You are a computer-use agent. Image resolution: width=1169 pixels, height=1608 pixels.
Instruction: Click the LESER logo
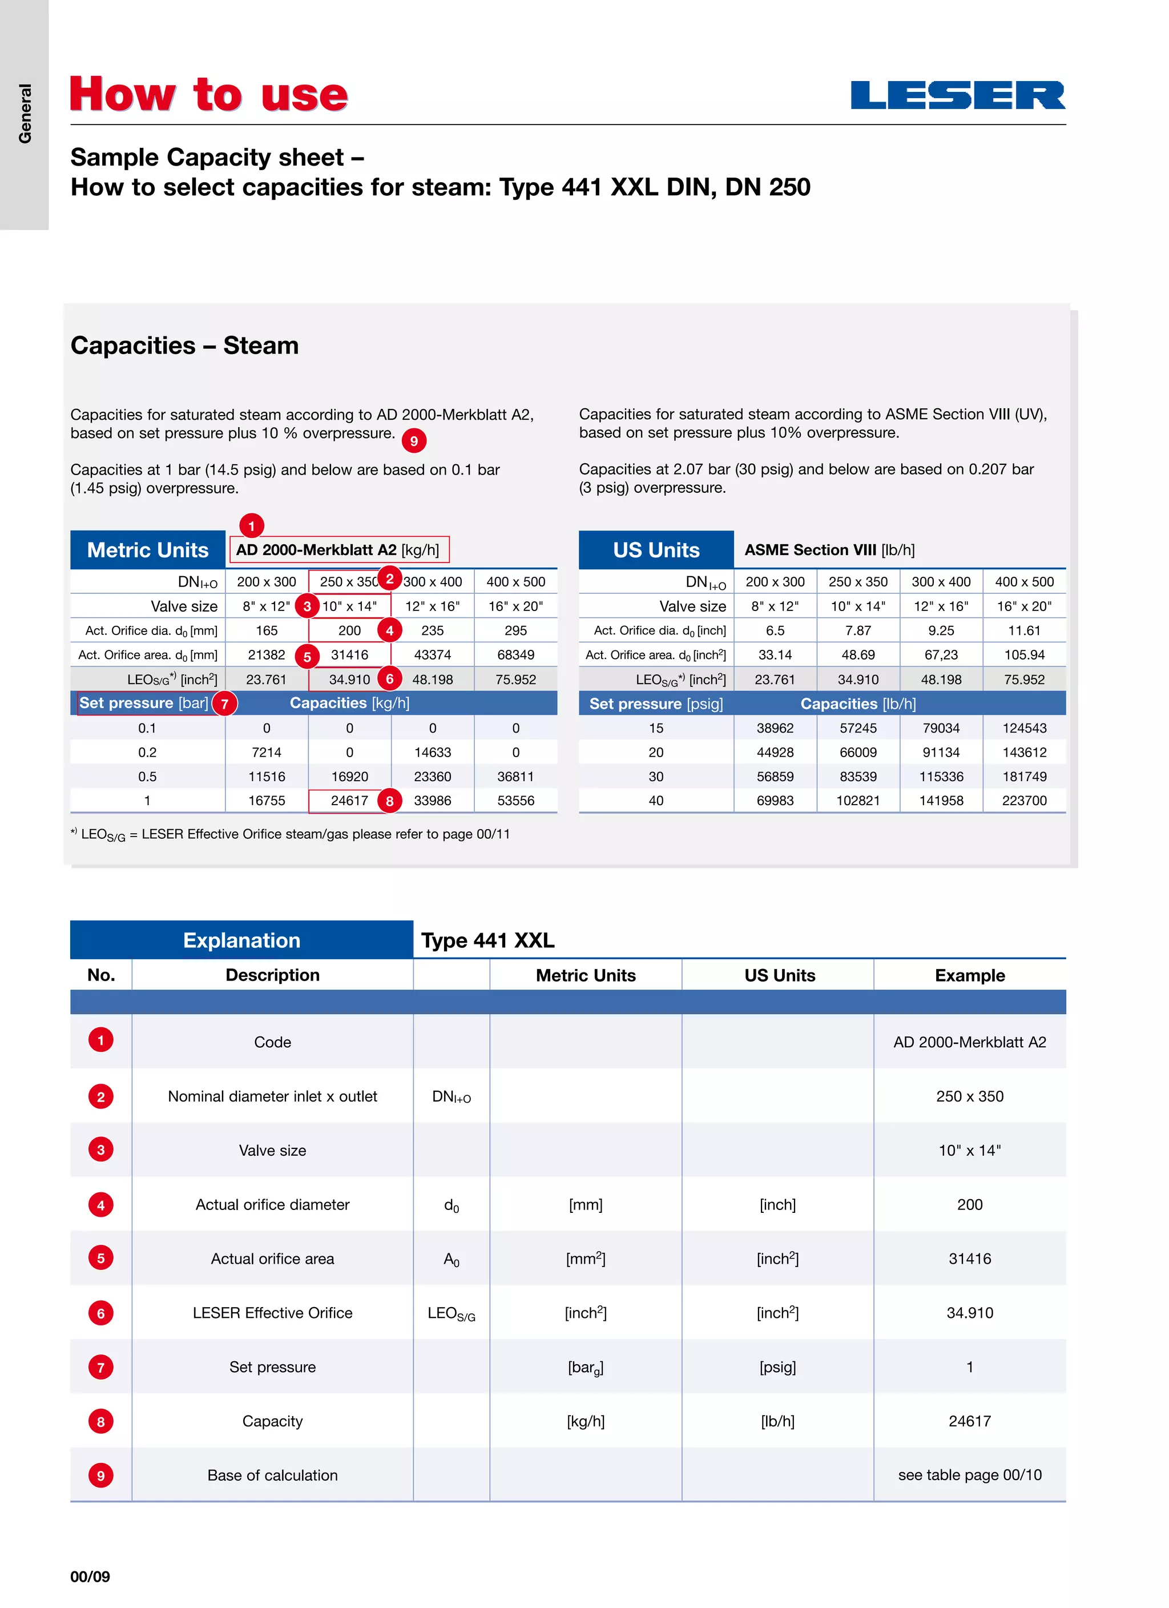pos(957,95)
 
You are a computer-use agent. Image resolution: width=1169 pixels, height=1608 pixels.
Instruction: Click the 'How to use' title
pos(209,94)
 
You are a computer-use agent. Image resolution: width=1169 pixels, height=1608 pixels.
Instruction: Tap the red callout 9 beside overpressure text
pos(414,441)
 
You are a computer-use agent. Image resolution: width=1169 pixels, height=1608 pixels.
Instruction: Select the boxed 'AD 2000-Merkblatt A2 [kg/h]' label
pos(338,549)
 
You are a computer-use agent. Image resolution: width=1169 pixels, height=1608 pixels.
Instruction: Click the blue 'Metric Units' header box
pos(147,550)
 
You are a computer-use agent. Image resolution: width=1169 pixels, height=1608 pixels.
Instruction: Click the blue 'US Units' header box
pos(656,550)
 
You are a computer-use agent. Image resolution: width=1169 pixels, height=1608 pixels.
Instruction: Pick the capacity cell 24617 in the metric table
pos(349,801)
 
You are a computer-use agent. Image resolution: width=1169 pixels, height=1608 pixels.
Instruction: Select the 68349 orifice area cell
pos(515,655)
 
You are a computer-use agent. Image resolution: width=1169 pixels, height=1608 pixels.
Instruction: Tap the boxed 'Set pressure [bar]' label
pos(144,703)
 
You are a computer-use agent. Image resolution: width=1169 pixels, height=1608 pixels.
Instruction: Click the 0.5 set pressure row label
pos(147,777)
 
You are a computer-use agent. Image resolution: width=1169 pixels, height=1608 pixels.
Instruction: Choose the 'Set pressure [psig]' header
pos(656,704)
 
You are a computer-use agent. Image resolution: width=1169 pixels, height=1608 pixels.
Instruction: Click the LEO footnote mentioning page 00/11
pos(291,834)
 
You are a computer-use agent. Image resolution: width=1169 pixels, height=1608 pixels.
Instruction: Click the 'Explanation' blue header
pos(242,940)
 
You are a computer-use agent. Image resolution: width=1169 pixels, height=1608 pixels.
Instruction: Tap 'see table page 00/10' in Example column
pos(969,1475)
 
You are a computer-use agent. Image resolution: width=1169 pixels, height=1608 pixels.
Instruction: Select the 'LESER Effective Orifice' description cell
pos(272,1313)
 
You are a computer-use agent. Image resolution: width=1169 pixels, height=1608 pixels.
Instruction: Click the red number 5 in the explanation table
pos(100,1259)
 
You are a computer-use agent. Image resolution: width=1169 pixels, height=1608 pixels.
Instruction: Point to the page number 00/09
pos(90,1576)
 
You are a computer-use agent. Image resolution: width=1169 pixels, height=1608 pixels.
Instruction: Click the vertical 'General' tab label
pos(25,114)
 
